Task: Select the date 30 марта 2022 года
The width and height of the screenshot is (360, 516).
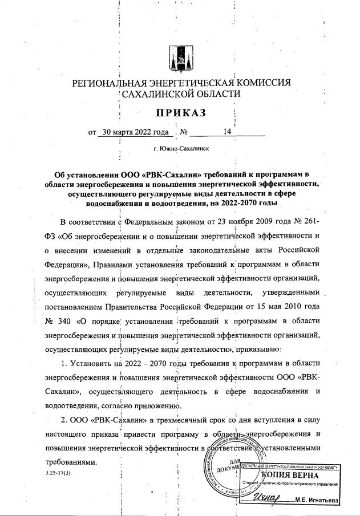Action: click(135, 132)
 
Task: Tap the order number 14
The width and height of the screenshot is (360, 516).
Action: click(227, 132)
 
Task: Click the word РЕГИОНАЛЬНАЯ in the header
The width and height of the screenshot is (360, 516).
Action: click(112, 83)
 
